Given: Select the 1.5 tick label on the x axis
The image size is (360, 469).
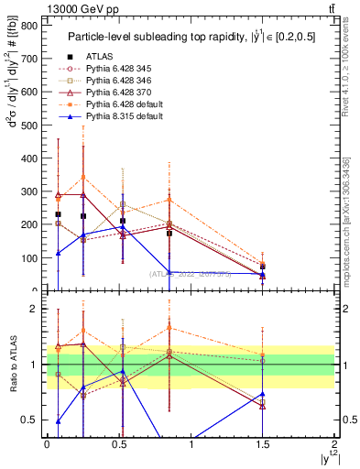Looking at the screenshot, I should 263,444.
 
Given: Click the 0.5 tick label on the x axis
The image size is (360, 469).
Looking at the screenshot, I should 119,444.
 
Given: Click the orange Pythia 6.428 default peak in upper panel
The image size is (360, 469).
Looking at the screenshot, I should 83,177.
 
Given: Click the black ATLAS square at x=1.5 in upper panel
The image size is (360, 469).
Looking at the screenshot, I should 263,267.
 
